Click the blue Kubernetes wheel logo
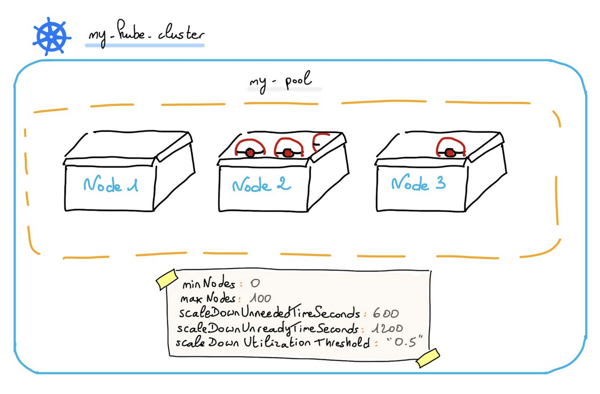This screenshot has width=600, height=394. (x=51, y=36)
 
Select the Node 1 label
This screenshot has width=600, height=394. (x=111, y=185)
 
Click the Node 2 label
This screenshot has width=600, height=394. (x=261, y=185)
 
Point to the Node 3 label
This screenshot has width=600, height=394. (x=418, y=184)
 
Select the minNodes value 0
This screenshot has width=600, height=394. (x=255, y=283)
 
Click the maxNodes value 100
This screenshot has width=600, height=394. (x=260, y=298)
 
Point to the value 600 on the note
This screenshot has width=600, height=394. (x=385, y=313)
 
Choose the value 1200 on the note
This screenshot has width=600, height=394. (x=387, y=328)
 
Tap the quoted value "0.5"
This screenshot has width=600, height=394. (x=404, y=342)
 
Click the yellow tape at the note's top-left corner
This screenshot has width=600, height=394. (x=167, y=279)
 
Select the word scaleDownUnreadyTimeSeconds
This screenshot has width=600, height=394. (x=267, y=328)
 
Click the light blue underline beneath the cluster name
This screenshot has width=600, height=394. (x=145, y=45)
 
